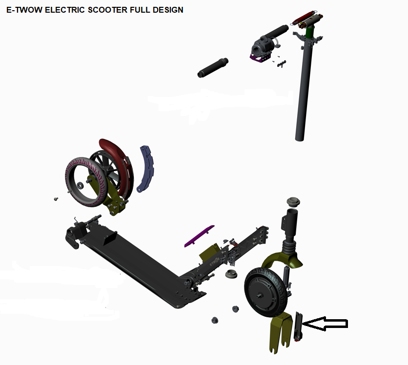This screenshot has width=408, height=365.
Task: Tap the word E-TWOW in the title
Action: click(x=24, y=10)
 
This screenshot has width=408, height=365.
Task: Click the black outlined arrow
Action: click(x=325, y=324)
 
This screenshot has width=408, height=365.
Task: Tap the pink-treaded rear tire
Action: click(x=86, y=182)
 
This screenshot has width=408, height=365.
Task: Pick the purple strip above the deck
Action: click(x=200, y=236)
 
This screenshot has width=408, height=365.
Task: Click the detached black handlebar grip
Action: click(x=213, y=68)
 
